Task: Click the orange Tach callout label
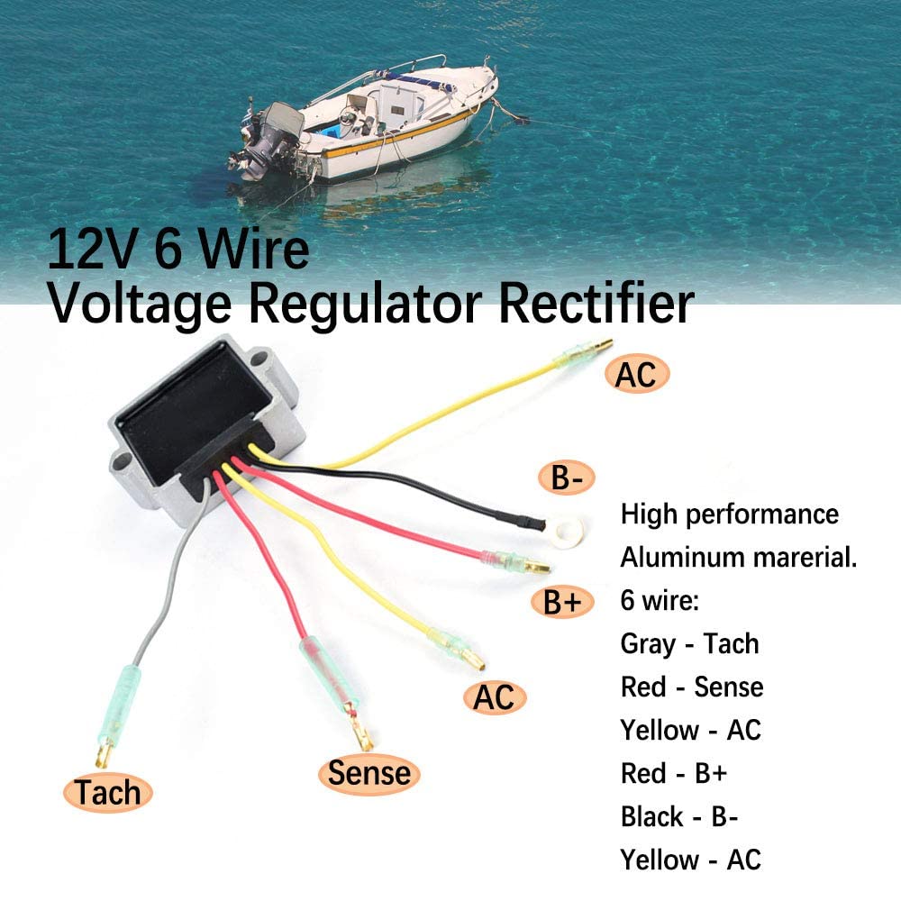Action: [x=107, y=793]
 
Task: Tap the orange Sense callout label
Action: [x=369, y=773]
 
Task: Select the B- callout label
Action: [x=567, y=478]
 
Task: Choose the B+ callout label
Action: [x=562, y=602]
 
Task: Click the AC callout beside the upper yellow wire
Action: [x=637, y=374]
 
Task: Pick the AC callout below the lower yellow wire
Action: [x=495, y=697]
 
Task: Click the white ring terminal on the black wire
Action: [x=566, y=532]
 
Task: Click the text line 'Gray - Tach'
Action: [x=689, y=643]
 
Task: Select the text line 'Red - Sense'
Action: [x=692, y=687]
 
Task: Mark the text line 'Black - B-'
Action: [x=679, y=816]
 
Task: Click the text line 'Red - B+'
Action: [x=673, y=773]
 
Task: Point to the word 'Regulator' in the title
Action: [x=365, y=305]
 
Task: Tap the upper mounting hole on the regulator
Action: [x=258, y=359]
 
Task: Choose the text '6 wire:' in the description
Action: [x=660, y=600]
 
